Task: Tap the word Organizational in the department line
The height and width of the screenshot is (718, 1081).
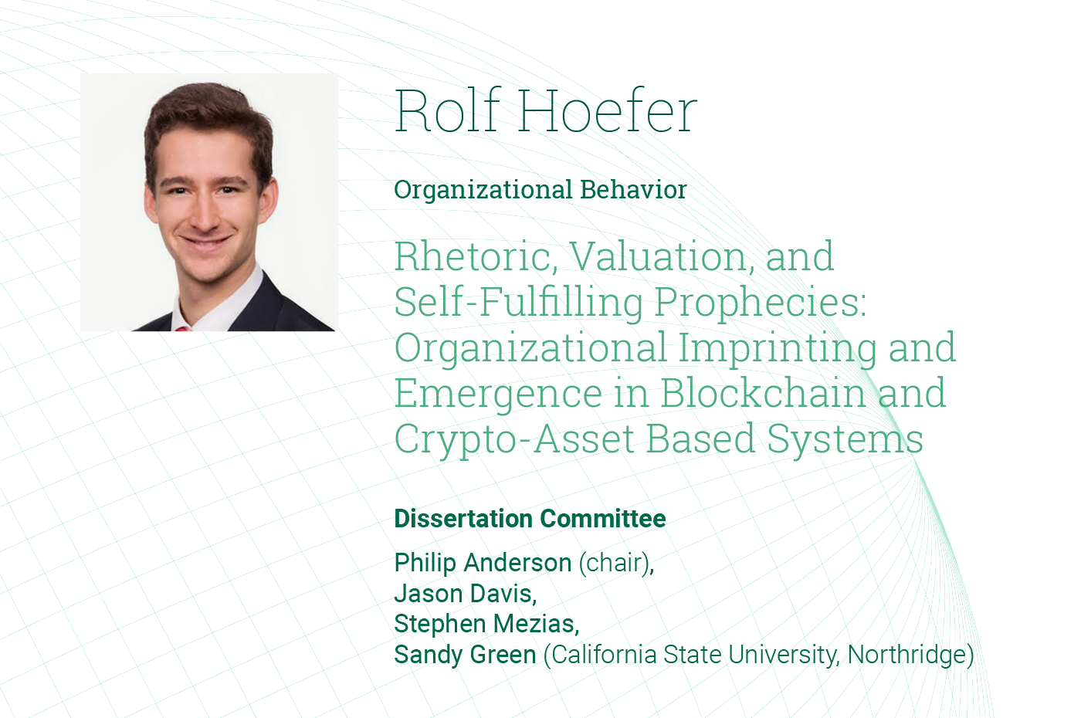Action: pos(483,190)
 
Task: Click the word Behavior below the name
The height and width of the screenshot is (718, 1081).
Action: pos(633,189)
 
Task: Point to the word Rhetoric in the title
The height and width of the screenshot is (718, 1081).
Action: pos(476,256)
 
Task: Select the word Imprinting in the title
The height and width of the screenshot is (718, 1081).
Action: pos(778,347)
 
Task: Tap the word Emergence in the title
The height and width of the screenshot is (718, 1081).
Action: pos(498,394)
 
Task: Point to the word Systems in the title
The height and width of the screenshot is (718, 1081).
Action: pos(845,439)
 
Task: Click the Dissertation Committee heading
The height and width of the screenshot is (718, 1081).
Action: pos(530,519)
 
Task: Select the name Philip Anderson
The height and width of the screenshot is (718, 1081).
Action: pos(483,563)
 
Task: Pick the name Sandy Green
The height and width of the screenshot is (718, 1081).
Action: pos(465,655)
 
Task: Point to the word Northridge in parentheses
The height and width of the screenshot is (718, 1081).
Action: pos(906,655)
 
